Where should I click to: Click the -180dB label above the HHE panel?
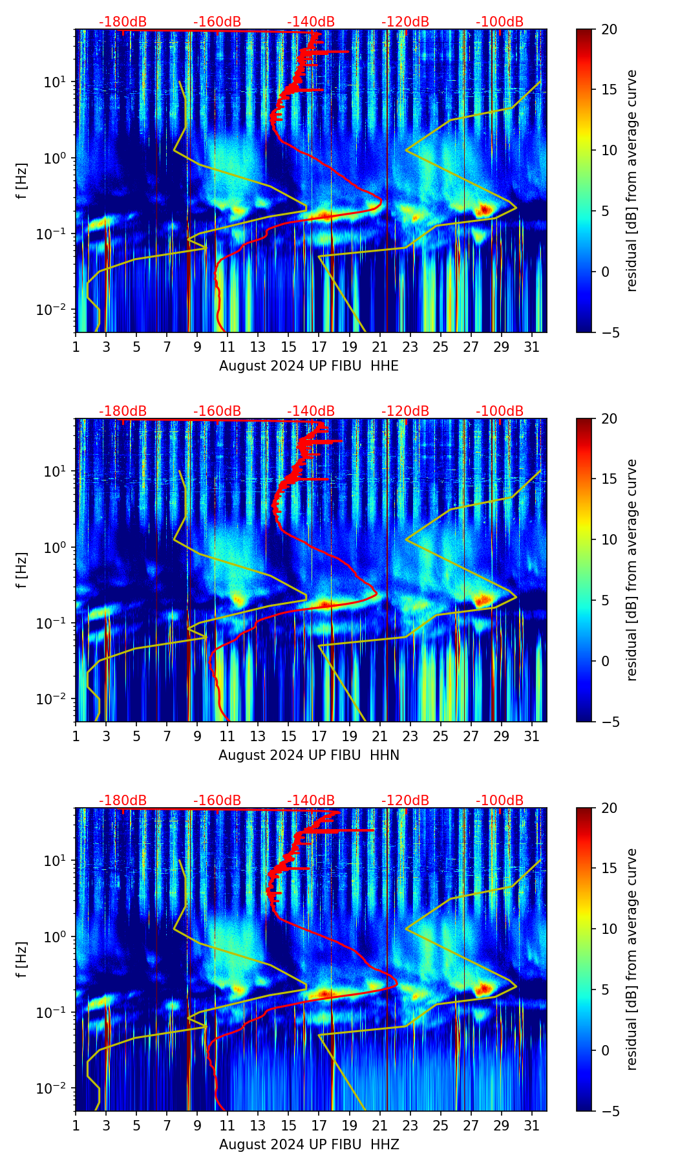tap(123, 22)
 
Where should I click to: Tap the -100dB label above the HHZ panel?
tap(500, 801)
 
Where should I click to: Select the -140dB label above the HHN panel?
tap(311, 411)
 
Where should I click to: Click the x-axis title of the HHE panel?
tap(309, 366)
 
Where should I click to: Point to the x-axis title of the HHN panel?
tap(309, 755)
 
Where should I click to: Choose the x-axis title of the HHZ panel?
tap(309, 1145)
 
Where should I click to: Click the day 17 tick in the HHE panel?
tap(319, 347)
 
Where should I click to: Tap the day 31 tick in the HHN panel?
tap(532, 736)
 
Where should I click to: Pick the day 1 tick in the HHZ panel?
tap(76, 1125)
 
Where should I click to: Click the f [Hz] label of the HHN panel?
tap(22, 570)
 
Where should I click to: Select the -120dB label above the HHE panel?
tap(405, 22)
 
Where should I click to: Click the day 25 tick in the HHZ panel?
tap(441, 1125)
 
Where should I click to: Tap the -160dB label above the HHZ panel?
tap(217, 801)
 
